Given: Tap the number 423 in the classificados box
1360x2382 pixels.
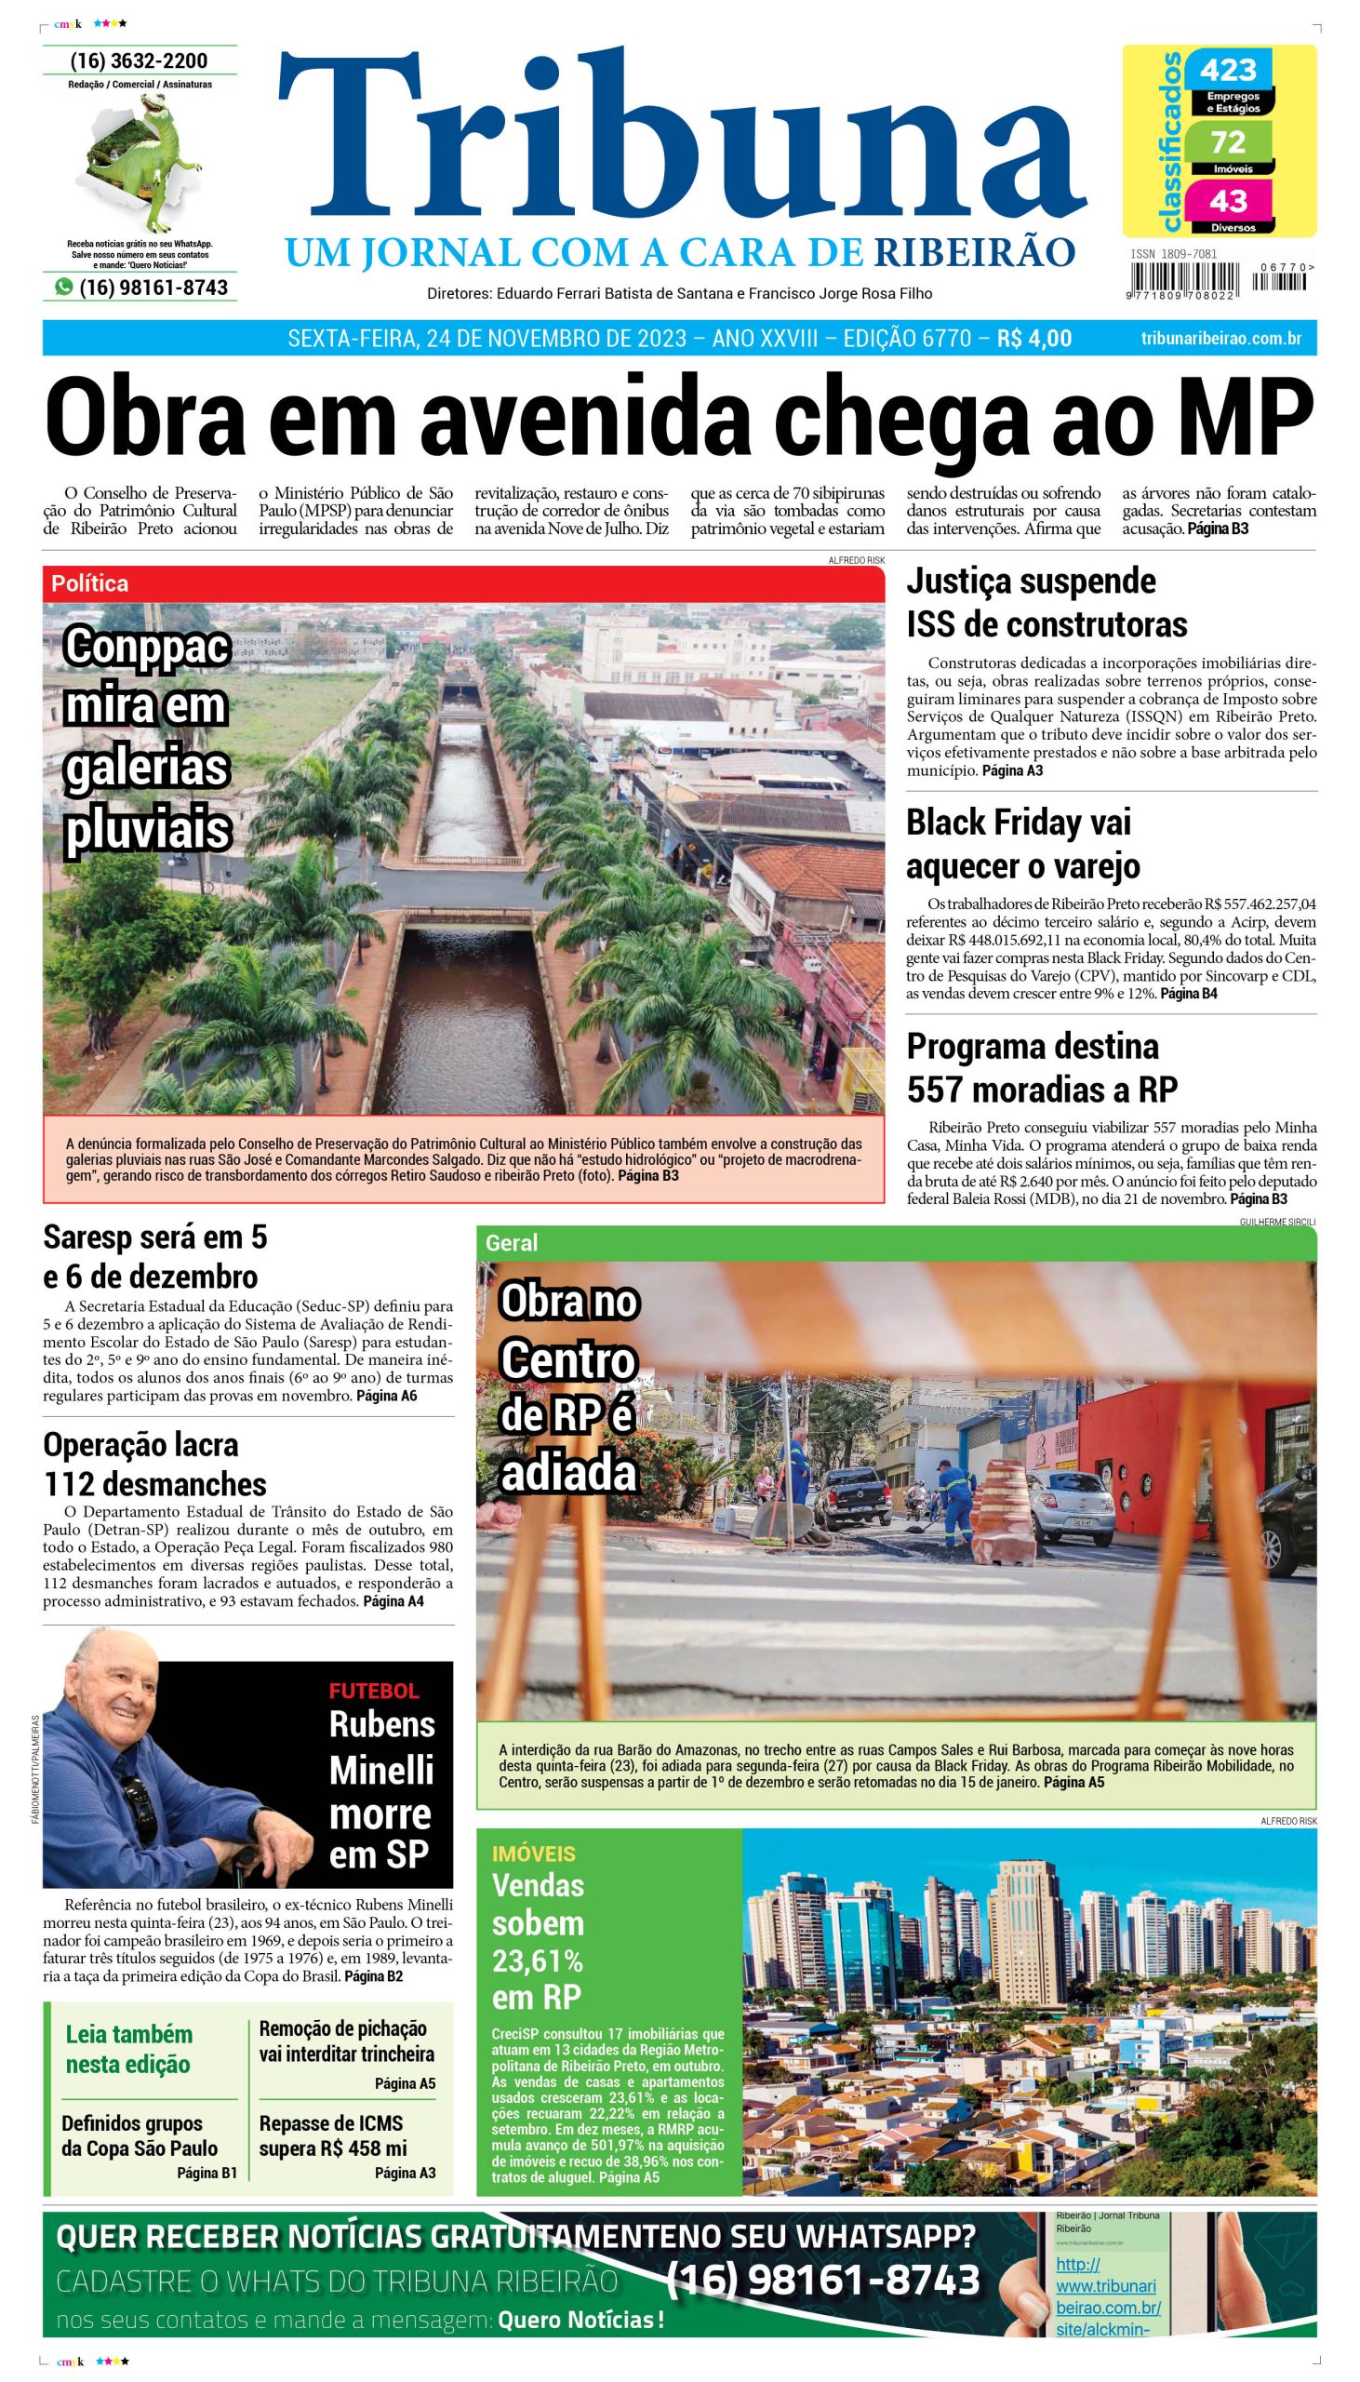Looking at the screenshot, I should pyautogui.click(x=1227, y=70).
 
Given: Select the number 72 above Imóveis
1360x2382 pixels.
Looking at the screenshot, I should pyautogui.click(x=1227, y=142).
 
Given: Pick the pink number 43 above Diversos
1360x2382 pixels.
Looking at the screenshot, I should pyautogui.click(x=1227, y=201).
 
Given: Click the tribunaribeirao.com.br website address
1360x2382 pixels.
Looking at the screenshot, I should pyautogui.click(x=1220, y=338).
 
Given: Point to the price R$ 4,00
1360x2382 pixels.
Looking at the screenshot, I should pyautogui.click(x=1034, y=338).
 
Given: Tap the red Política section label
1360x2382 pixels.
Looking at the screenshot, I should pyautogui.click(x=89, y=583).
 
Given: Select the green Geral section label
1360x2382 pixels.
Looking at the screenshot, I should pyautogui.click(x=511, y=1243).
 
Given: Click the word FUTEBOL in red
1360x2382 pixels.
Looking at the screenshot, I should pyautogui.click(x=374, y=1690).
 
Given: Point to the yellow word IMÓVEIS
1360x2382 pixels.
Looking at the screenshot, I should pyautogui.click(x=533, y=1853).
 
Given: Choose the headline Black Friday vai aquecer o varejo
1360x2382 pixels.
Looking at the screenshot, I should pyautogui.click(x=1023, y=844).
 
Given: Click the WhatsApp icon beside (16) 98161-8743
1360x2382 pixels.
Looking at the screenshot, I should pyautogui.click(x=63, y=288).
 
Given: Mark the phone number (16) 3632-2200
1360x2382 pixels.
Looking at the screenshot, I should pyautogui.click(x=140, y=61).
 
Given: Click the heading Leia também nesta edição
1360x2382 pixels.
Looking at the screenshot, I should pyautogui.click(x=129, y=2049).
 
